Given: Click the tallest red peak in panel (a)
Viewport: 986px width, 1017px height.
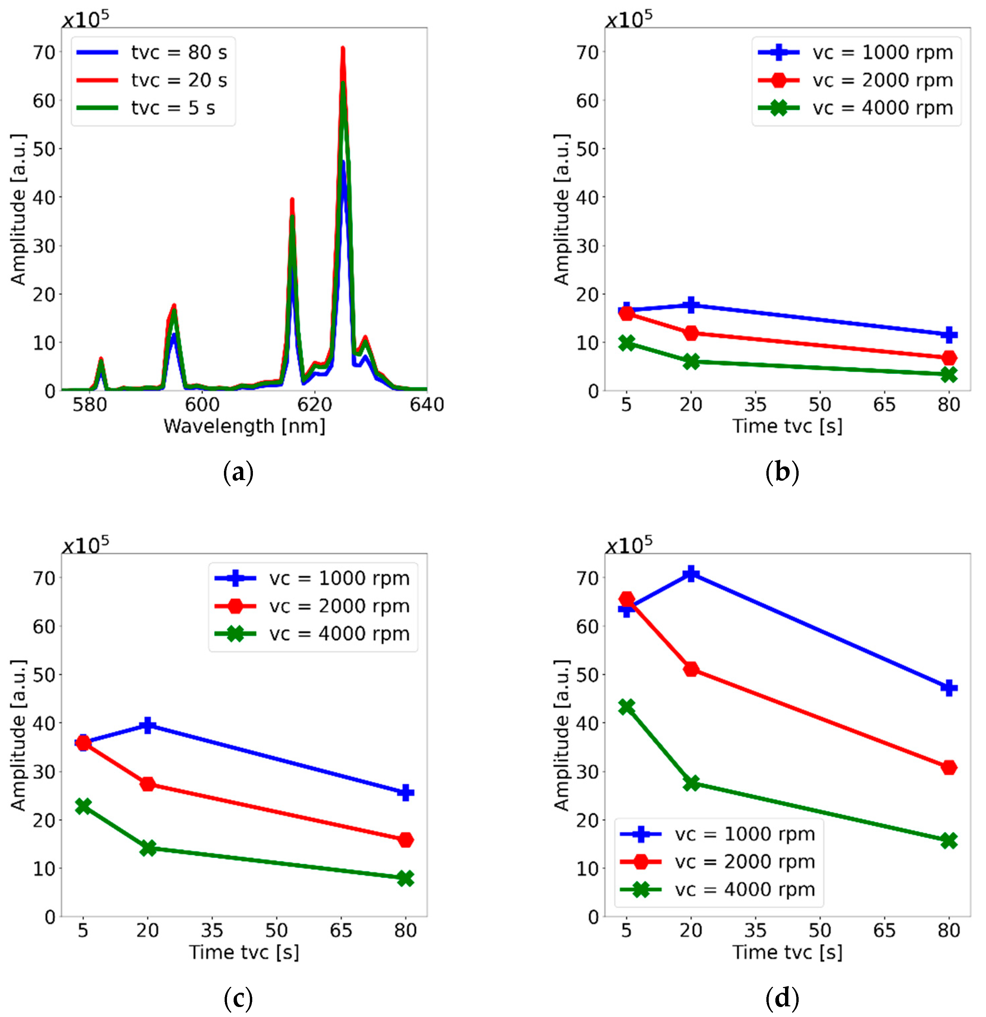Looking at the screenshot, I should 343,49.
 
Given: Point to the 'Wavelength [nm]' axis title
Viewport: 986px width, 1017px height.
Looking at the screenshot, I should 244,426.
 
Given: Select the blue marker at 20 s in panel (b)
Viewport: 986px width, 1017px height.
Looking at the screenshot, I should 691,305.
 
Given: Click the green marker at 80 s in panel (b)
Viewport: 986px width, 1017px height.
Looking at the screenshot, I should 949,375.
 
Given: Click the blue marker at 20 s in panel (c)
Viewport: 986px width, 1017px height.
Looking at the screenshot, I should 148,725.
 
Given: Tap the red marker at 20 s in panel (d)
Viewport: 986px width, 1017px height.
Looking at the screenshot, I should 691,669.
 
